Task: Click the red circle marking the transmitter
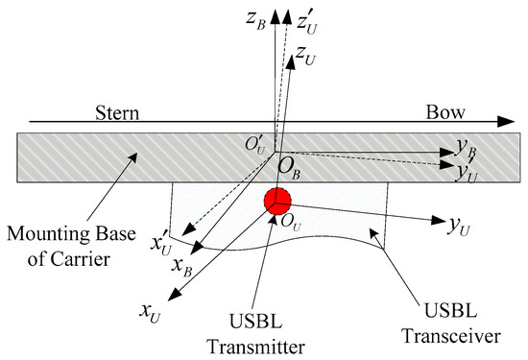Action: (x=278, y=203)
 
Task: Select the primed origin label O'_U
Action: (x=256, y=145)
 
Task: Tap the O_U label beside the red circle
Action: (x=281, y=226)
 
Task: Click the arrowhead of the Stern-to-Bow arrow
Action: (x=506, y=122)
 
